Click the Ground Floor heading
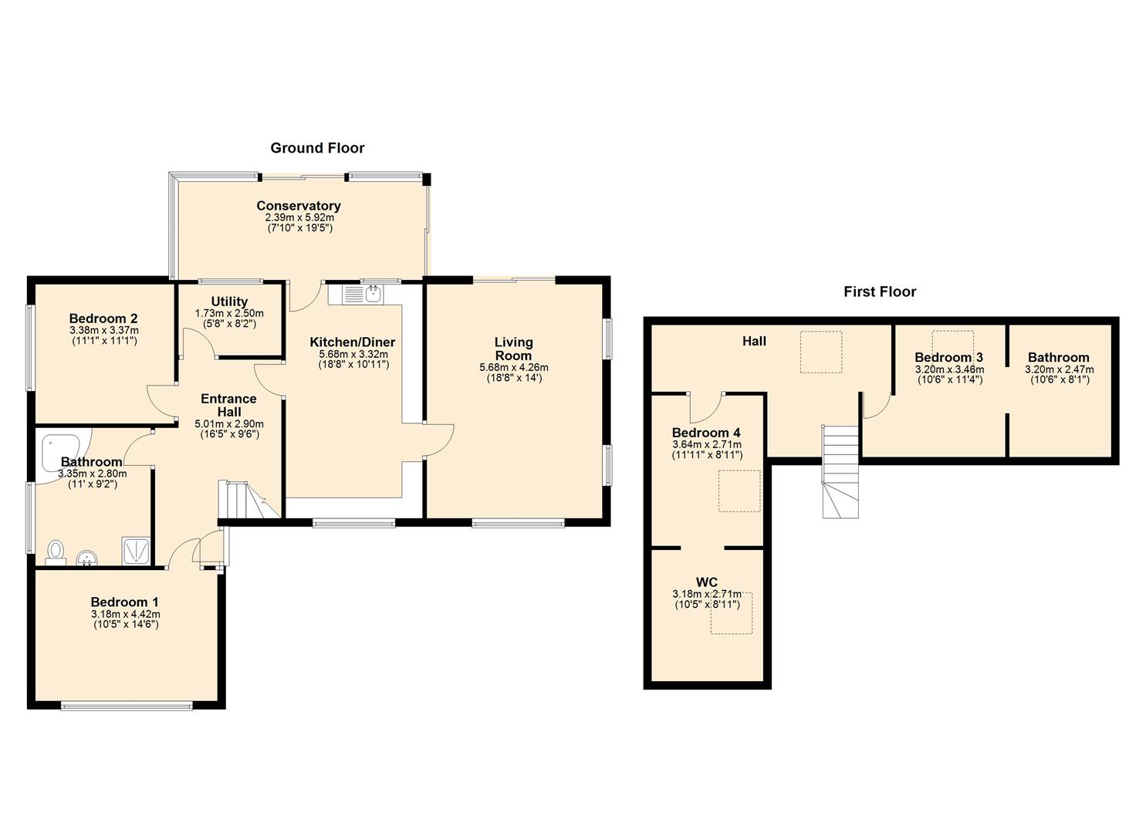(317, 148)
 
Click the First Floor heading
(879, 292)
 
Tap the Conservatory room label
(299, 206)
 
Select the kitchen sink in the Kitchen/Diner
(363, 293)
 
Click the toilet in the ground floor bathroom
(56, 551)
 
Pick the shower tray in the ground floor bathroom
(137, 551)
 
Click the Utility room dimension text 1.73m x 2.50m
(229, 314)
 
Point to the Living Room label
(513, 349)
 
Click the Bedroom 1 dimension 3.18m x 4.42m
(124, 615)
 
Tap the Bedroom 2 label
(103, 319)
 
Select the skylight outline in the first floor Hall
(820, 352)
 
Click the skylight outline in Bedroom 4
(739, 491)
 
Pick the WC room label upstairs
(706, 582)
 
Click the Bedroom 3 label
(948, 357)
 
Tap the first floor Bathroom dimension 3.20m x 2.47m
(1059, 370)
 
